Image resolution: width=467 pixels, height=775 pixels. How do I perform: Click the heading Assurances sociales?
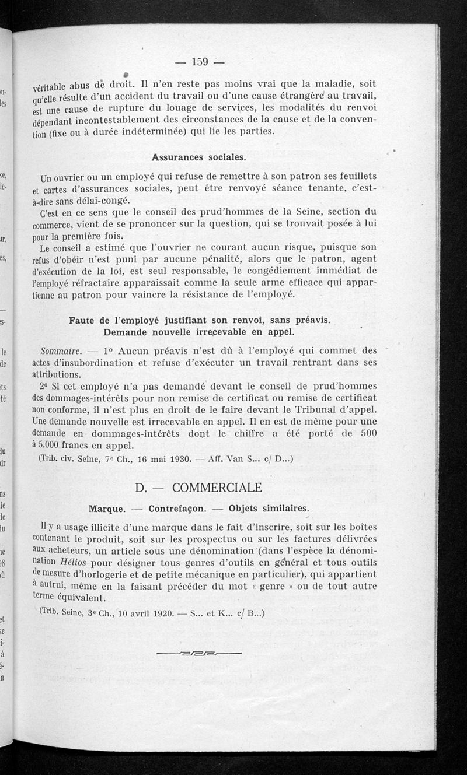click(x=198, y=157)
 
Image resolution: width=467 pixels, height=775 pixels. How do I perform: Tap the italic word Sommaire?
click(x=61, y=351)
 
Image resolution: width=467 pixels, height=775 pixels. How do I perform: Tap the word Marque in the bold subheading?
click(x=106, y=508)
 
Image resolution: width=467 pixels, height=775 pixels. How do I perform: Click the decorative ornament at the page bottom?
click(x=199, y=654)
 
